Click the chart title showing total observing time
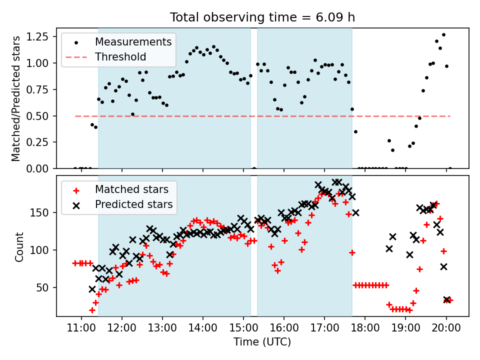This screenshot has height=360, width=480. [262, 17]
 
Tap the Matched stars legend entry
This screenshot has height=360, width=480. [135, 189]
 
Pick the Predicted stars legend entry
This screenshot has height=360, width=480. [133, 204]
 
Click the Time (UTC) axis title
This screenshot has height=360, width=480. [262, 342]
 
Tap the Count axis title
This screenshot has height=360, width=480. [19, 246]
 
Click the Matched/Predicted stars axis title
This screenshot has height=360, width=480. [16, 98]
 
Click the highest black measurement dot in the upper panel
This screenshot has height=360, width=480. [443, 35]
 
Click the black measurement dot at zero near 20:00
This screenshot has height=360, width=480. [450, 168]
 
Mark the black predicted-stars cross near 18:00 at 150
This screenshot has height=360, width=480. [355, 212]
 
